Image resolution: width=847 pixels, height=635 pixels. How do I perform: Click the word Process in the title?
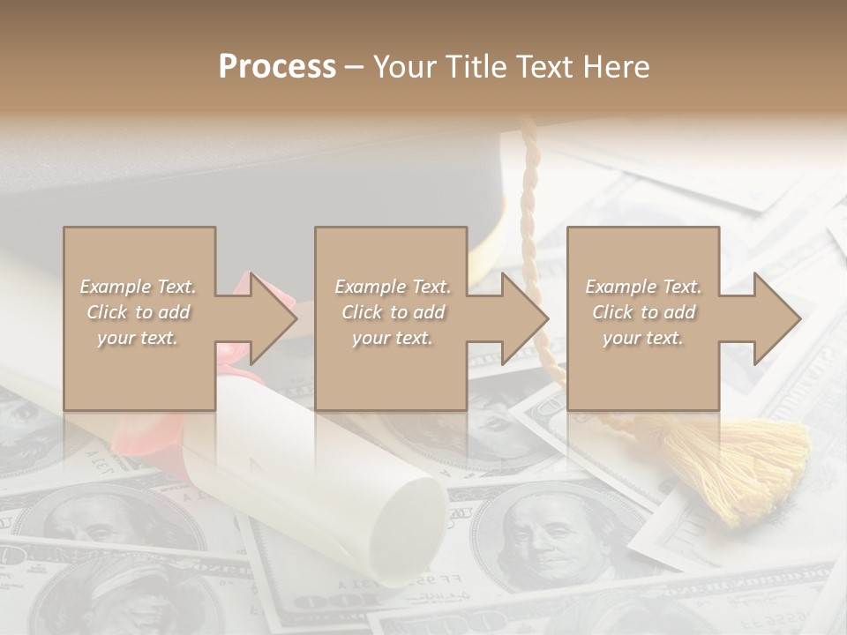[277, 67]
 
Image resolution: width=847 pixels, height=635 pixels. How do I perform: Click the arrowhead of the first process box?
[273, 318]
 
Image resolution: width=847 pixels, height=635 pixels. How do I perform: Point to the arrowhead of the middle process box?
[524, 318]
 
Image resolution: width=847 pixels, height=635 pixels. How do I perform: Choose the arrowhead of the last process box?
[776, 318]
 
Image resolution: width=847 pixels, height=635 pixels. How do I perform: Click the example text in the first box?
[138, 312]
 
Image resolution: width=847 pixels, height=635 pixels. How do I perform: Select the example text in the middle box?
[392, 312]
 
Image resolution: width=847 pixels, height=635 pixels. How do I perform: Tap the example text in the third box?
[642, 312]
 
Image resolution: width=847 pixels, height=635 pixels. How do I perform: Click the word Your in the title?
[405, 67]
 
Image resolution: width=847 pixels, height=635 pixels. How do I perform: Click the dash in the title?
[355, 68]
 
